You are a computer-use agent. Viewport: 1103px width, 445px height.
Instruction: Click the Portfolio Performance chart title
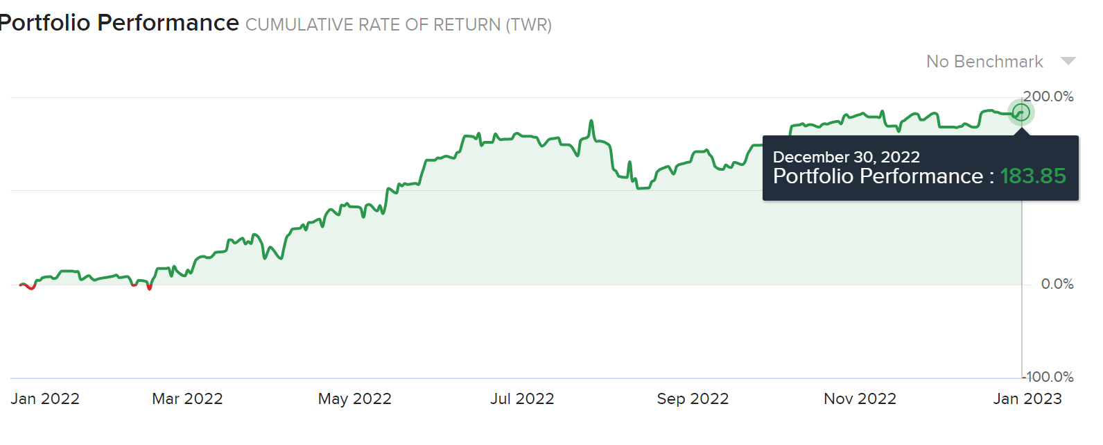pyautogui.click(x=119, y=23)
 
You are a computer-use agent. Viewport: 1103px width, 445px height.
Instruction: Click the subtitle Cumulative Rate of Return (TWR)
pyautogui.click(x=399, y=25)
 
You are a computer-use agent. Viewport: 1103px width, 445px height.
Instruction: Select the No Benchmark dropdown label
pyautogui.click(x=984, y=62)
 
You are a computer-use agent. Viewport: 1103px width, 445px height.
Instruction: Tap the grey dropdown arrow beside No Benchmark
pyautogui.click(x=1068, y=61)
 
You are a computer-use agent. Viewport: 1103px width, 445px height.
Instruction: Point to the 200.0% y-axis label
pyautogui.click(x=1048, y=96)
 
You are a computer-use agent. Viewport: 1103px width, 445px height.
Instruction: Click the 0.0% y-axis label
pyautogui.click(x=1057, y=284)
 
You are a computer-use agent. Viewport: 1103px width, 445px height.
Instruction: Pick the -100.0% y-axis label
pyautogui.click(x=1048, y=378)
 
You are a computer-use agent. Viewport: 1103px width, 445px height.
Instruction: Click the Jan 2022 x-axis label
pyautogui.click(x=45, y=398)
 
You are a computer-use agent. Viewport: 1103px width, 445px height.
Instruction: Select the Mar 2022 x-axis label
pyautogui.click(x=187, y=398)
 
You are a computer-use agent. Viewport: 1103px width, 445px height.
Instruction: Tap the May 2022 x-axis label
pyautogui.click(x=354, y=398)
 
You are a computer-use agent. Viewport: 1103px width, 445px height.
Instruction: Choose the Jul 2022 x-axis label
pyautogui.click(x=522, y=398)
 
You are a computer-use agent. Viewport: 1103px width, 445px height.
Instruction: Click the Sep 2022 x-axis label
pyautogui.click(x=693, y=398)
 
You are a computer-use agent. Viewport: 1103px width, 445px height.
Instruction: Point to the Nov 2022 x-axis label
pyautogui.click(x=860, y=398)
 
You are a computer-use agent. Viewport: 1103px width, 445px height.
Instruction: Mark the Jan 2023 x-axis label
pyautogui.click(x=1027, y=398)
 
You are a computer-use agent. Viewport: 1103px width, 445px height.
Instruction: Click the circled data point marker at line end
pyautogui.click(x=1021, y=112)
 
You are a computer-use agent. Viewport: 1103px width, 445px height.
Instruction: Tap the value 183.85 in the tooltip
pyautogui.click(x=1033, y=176)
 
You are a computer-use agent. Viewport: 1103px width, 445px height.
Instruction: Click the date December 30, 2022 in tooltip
pyautogui.click(x=846, y=157)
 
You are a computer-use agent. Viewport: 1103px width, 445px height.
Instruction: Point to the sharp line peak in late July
pyautogui.click(x=591, y=121)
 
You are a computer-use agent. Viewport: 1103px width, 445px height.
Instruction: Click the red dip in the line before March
pyautogui.click(x=149, y=287)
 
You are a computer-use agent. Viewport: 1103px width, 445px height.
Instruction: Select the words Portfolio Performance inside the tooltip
pyautogui.click(x=878, y=176)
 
